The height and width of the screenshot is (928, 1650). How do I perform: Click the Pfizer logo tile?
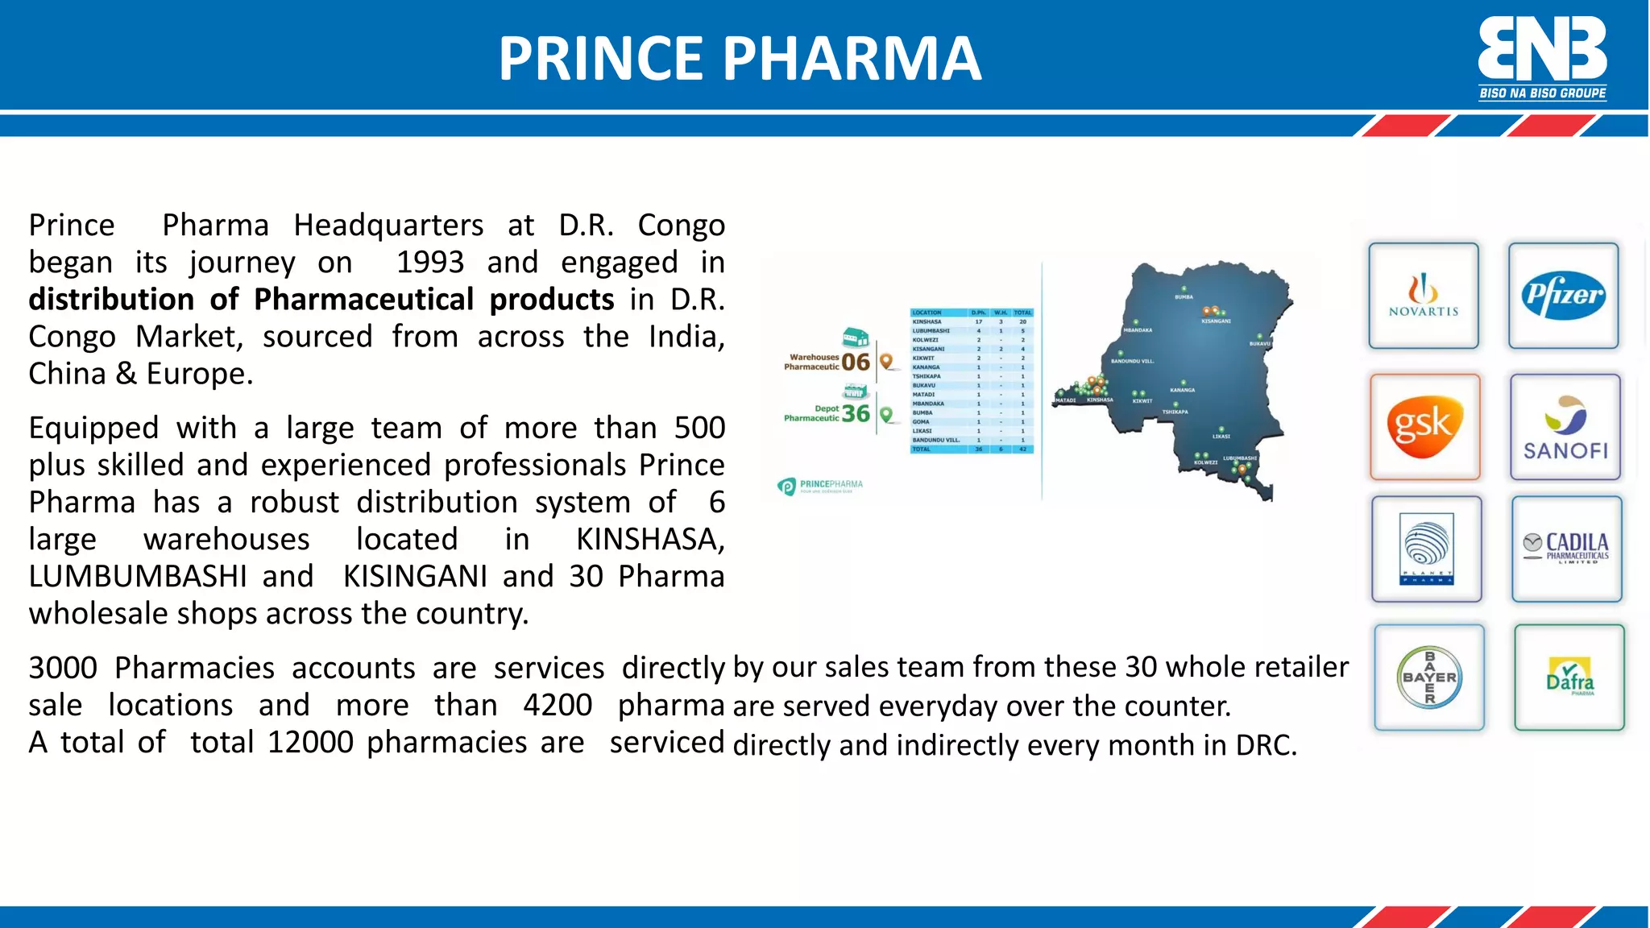click(1563, 296)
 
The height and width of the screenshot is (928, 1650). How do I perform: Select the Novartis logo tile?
click(1424, 296)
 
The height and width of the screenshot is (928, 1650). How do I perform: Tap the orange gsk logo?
click(1424, 426)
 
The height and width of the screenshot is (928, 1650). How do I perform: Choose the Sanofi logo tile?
click(1565, 428)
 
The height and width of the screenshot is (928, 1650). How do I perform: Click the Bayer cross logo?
click(1429, 677)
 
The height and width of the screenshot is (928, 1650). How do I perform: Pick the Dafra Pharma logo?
click(1569, 677)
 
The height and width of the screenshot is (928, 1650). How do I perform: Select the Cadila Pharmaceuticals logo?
click(1566, 549)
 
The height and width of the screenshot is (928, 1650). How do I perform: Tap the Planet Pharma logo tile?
click(1427, 549)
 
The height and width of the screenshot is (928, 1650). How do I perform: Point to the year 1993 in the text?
click(430, 262)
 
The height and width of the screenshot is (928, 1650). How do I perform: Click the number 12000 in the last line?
click(310, 742)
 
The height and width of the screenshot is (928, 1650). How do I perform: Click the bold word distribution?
click(111, 299)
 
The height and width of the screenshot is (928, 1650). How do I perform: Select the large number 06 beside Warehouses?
click(856, 362)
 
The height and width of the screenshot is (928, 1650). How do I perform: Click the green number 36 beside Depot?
click(856, 414)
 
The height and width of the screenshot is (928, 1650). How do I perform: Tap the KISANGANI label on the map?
click(1216, 321)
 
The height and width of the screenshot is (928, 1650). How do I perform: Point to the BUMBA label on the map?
click(1184, 297)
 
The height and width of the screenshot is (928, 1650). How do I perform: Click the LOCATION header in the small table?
click(927, 313)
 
